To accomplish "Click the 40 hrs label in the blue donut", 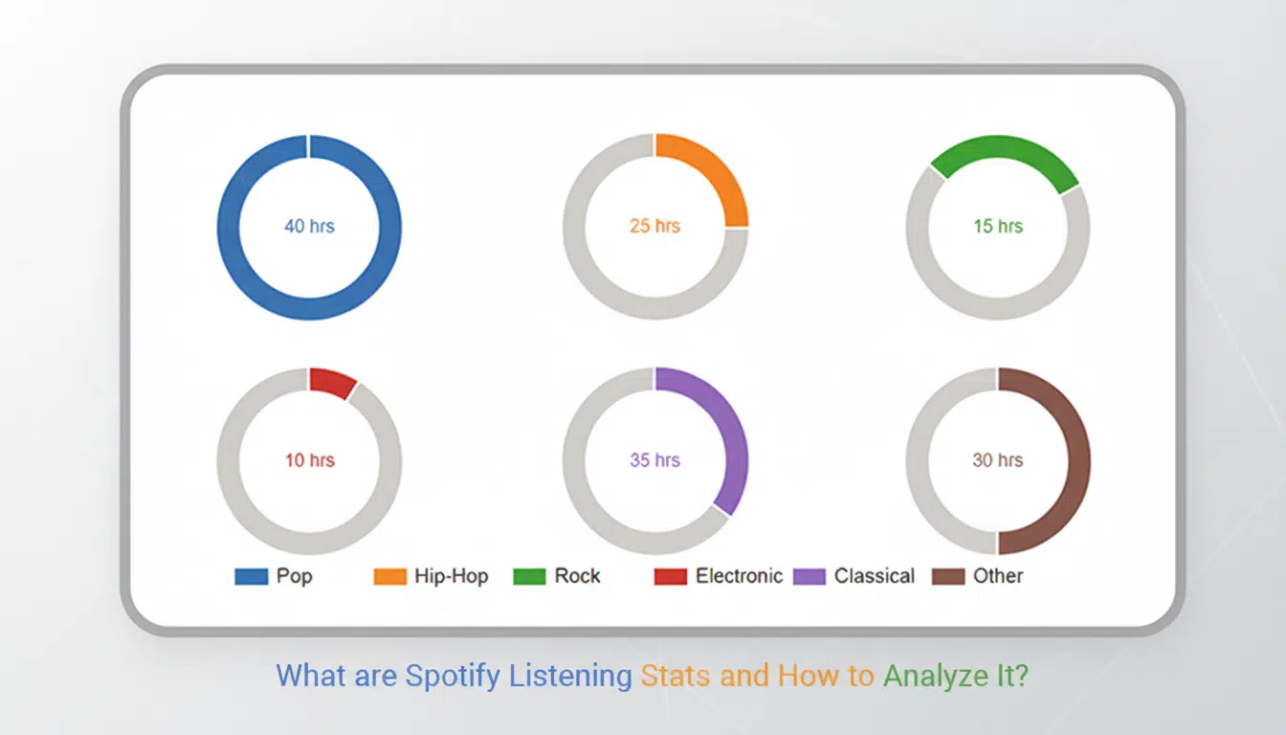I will point(309,227).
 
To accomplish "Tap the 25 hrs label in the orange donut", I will point(654,227).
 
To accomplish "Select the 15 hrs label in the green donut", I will point(998,227).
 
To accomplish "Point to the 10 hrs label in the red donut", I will point(309,460).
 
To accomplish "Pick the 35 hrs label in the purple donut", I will point(654,460).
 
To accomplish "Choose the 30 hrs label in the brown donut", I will point(998,460).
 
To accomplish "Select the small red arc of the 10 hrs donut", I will point(331,381).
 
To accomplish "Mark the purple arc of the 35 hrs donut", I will point(733,431).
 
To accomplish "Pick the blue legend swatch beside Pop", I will point(251,576).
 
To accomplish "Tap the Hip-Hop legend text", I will point(451,576).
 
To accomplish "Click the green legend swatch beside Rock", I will point(529,576).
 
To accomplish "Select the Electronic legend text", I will point(739,576).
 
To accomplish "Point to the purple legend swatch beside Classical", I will point(809,576).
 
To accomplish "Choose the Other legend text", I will point(998,576).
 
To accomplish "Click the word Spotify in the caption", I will point(453,677).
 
